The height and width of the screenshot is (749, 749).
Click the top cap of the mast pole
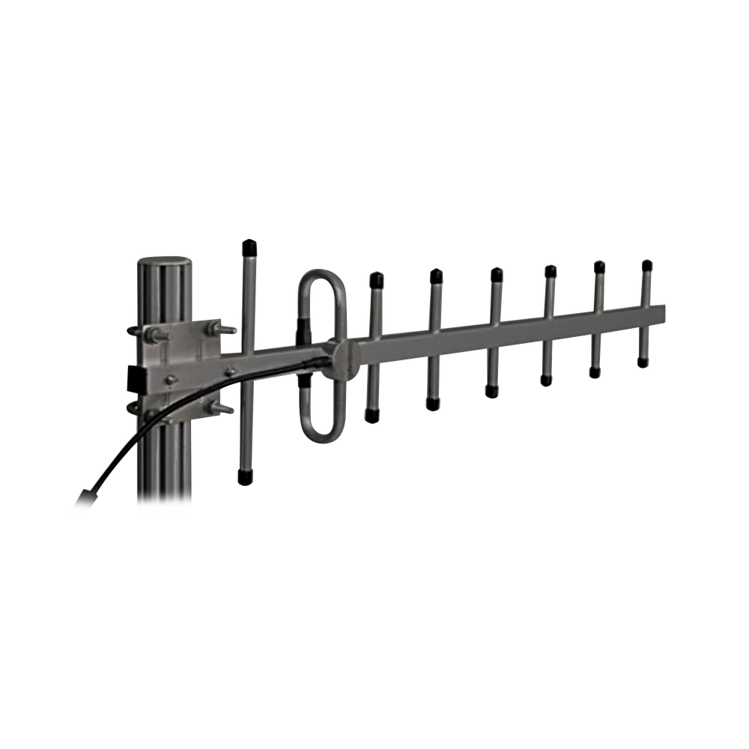click(x=163, y=264)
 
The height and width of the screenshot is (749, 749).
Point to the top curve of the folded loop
click(x=322, y=273)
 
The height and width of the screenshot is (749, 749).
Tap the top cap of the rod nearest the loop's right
click(x=376, y=279)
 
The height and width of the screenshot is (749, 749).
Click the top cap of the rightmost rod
click(x=646, y=264)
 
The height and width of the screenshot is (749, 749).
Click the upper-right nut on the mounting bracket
click(x=219, y=327)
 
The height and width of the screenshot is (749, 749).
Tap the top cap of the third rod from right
click(x=550, y=270)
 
